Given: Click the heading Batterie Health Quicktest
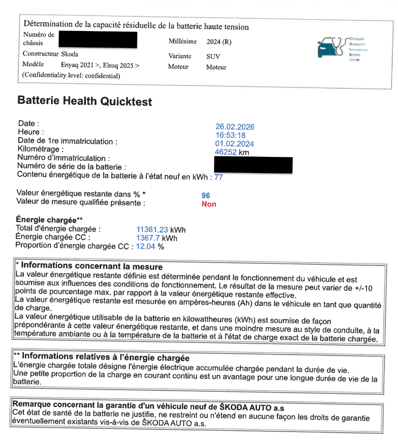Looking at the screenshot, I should [x=85, y=101].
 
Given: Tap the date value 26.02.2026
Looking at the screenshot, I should [x=235, y=127].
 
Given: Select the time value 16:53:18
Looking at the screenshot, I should [x=230, y=135].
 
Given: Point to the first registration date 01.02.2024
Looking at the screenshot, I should [x=234, y=144].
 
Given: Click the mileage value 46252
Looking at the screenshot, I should [x=226, y=152].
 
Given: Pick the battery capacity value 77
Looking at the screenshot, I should [x=219, y=177].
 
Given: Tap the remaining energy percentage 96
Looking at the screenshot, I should [x=206, y=196].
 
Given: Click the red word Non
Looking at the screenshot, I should [x=209, y=204].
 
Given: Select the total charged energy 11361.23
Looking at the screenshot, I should [x=152, y=230].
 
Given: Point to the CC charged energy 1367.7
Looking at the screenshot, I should [x=148, y=238].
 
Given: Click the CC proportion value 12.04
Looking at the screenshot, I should [x=145, y=246].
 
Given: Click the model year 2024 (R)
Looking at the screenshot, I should [x=219, y=42].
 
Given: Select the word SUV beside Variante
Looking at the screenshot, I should [x=213, y=56].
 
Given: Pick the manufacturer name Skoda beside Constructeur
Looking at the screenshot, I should [x=69, y=54].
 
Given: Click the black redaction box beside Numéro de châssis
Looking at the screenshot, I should [x=98, y=40].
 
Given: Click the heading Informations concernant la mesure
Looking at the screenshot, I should [x=92, y=266].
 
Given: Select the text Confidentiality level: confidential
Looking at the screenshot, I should [x=71, y=76].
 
